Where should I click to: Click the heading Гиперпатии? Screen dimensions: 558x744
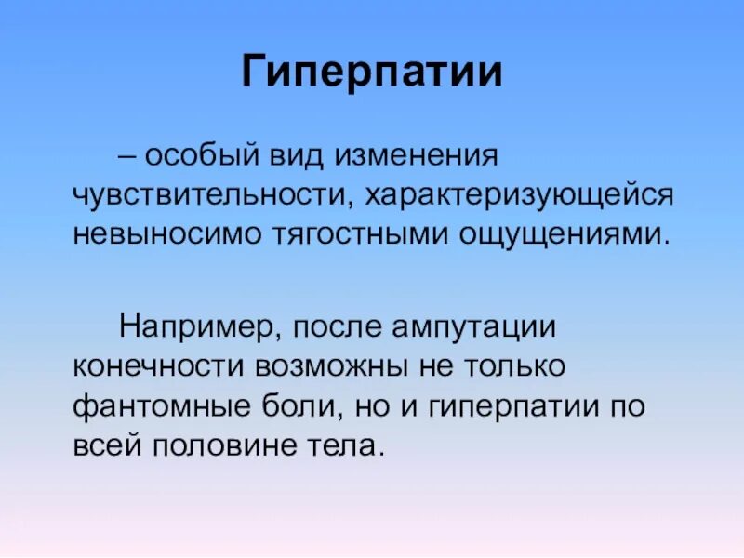click(372, 73)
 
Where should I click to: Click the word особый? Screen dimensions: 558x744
click(200, 153)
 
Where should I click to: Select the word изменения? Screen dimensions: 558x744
click(418, 153)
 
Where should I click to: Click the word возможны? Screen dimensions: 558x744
click(315, 365)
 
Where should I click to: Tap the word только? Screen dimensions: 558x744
click(508, 365)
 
